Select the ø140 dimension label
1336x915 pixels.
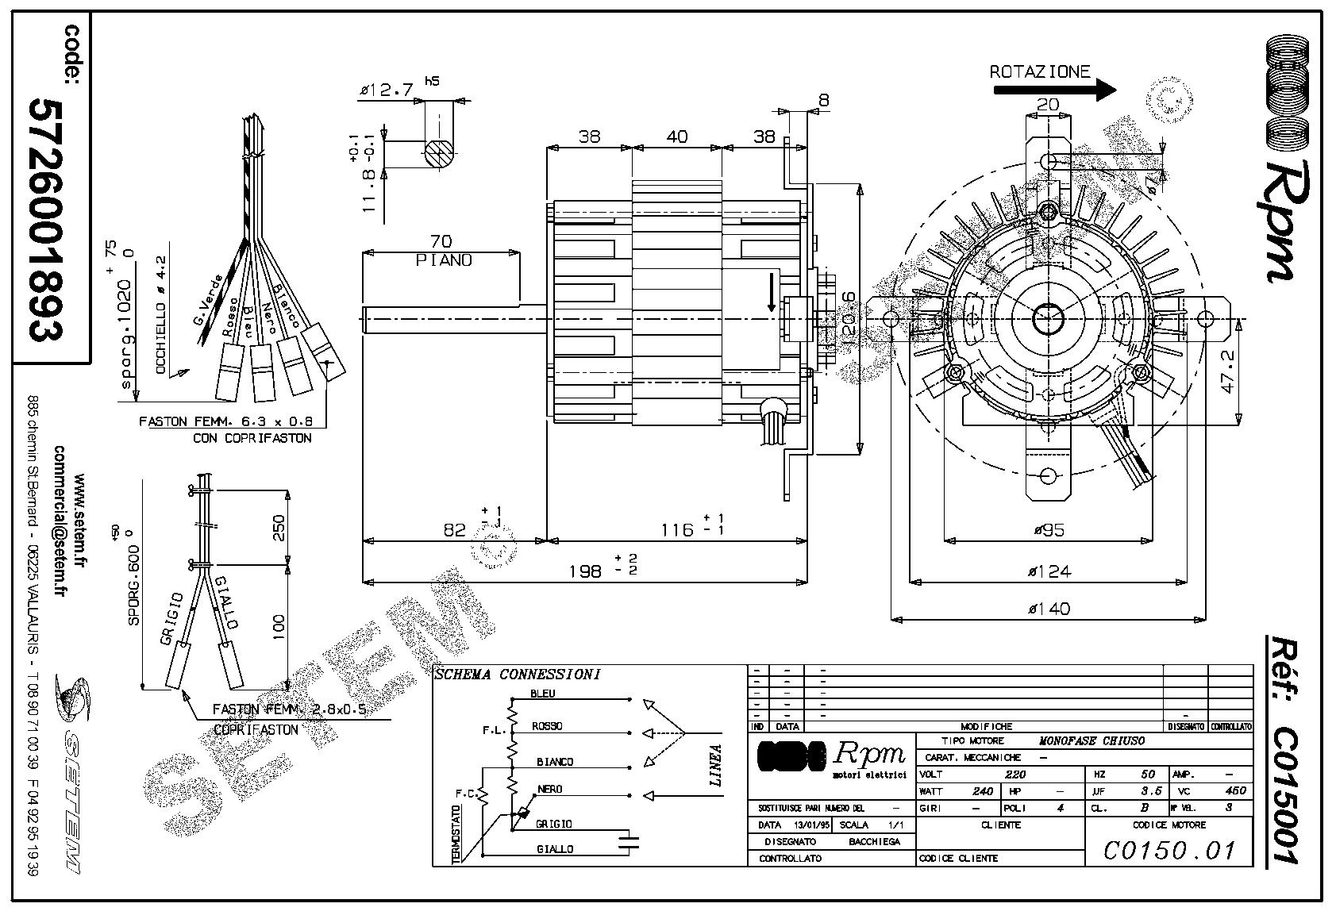tap(1049, 609)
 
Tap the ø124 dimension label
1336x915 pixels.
tap(1049, 570)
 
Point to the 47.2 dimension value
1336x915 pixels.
tap(1230, 371)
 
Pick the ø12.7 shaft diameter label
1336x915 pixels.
tap(387, 90)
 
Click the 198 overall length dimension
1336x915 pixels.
tap(587, 571)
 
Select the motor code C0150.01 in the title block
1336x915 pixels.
tap(1169, 851)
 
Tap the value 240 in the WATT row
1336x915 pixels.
tap(983, 791)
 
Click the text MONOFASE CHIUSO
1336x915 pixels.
tap(1092, 740)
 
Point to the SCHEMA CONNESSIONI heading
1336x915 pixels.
tap(517, 675)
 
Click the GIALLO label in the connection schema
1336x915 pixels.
tap(554, 849)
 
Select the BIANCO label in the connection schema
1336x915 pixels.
tap(554, 762)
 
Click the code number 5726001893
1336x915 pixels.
tap(44, 219)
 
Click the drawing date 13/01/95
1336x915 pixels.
tap(800, 825)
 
